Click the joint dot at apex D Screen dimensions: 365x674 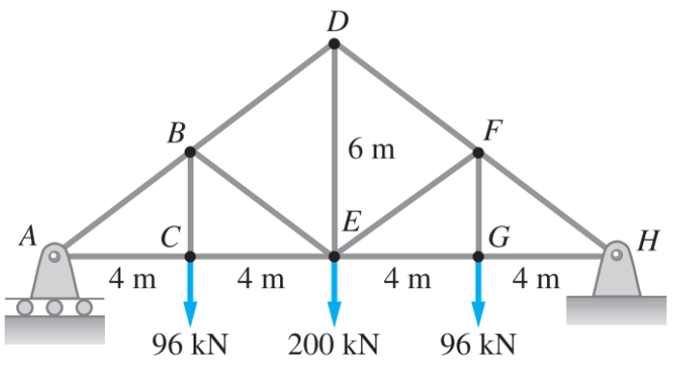coord(334,44)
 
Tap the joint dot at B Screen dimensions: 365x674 coord(190,151)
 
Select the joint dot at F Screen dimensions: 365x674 coord(479,151)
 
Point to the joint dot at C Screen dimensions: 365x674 coord(190,256)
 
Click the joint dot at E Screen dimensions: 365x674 coord(334,256)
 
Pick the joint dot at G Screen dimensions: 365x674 coord(479,256)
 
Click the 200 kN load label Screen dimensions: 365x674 coord(334,344)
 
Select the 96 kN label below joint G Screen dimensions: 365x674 coord(478,344)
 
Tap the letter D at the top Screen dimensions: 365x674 coord(334,18)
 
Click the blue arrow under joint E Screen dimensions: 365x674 coord(334,294)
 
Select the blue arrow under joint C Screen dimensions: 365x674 coord(190,294)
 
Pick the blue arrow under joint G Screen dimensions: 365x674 coord(479,294)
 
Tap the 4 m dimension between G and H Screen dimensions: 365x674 coord(535,280)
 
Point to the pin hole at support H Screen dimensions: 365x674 coord(615,255)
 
